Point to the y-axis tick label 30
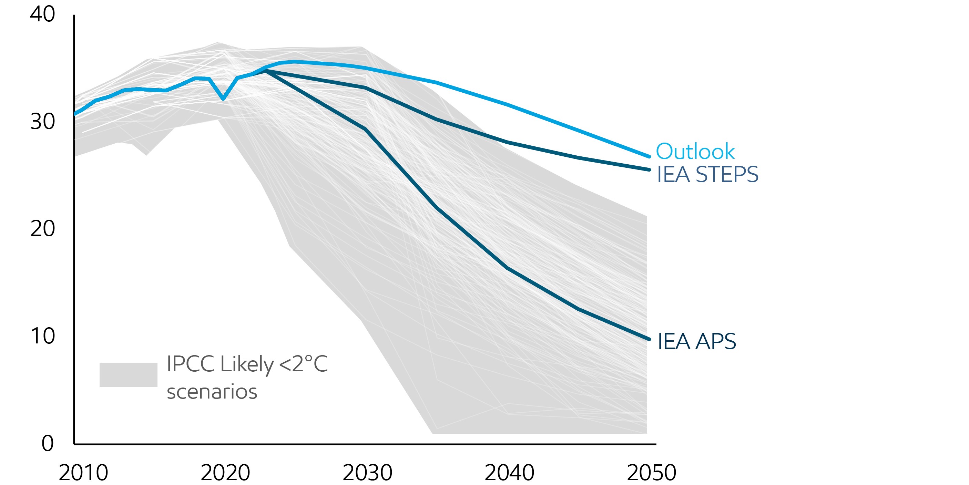click(42, 122)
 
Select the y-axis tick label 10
click(42, 336)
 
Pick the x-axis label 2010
click(83, 473)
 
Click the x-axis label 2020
click(225, 473)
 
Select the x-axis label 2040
click(509, 473)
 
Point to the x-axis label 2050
click(651, 473)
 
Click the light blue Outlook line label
click(695, 151)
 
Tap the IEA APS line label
click(696, 341)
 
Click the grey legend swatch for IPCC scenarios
click(128, 374)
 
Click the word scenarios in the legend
click(212, 392)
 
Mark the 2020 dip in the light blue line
click(223, 99)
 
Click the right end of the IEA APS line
click(649, 339)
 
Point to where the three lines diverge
click(266, 70)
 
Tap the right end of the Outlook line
click(649, 156)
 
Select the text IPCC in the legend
click(190, 364)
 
